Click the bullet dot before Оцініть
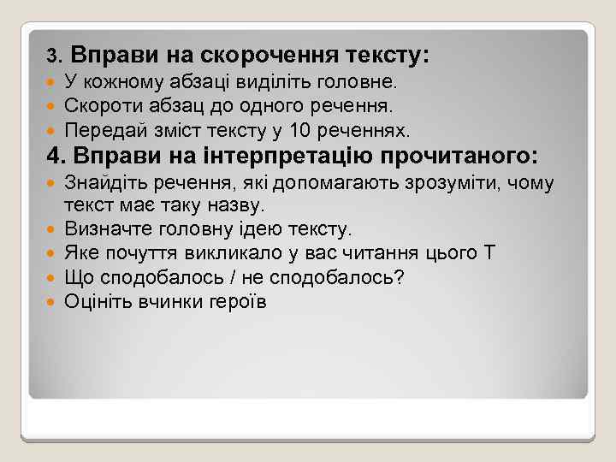click(x=52, y=302)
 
